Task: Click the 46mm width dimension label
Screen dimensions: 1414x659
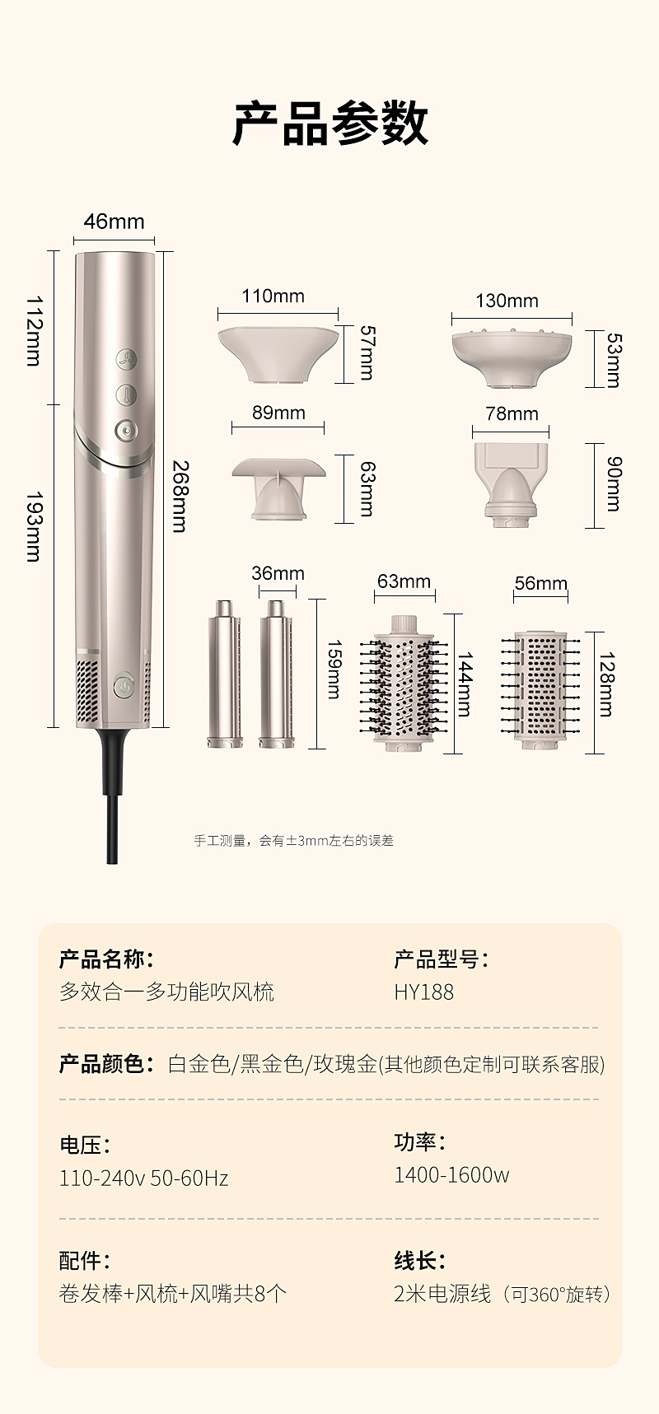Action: click(x=114, y=222)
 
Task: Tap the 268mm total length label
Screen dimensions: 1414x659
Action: click(x=180, y=496)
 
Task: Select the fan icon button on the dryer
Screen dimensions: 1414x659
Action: click(x=126, y=360)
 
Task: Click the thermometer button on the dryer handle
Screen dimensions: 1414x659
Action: click(x=125, y=394)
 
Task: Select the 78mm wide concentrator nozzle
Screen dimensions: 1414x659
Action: click(x=511, y=483)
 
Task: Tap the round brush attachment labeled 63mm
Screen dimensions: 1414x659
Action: click(x=403, y=680)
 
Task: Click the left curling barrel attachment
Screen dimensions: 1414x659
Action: click(x=224, y=674)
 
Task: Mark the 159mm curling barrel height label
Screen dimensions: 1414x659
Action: click(x=334, y=669)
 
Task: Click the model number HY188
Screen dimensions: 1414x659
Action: click(x=423, y=992)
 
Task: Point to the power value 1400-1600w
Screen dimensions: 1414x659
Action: click(x=451, y=1175)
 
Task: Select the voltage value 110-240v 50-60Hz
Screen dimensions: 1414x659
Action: click(x=143, y=1178)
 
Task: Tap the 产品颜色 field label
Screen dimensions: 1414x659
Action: click(x=101, y=1064)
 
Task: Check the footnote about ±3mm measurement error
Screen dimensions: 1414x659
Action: click(x=293, y=841)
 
